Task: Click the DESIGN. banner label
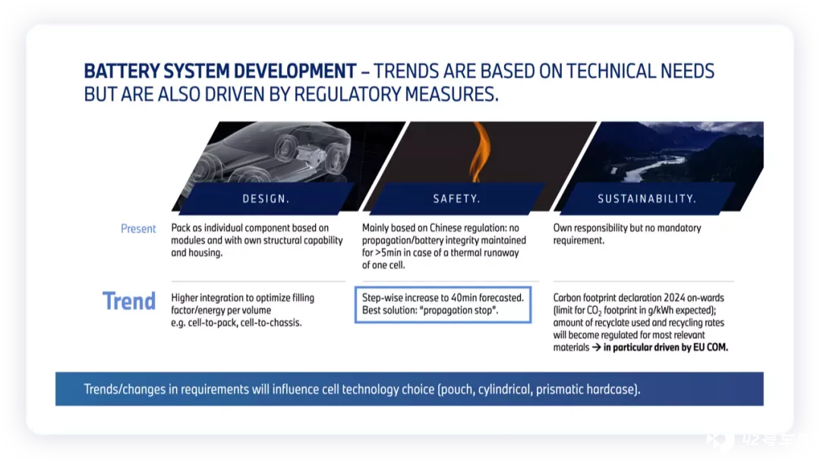pos(266,199)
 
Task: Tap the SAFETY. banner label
pos(456,199)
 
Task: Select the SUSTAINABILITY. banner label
pos(647,199)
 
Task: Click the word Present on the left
pos(138,229)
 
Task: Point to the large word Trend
pos(128,301)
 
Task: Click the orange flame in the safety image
pos(480,152)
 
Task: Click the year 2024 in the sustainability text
pos(674,298)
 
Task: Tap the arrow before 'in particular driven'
pos(596,347)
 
